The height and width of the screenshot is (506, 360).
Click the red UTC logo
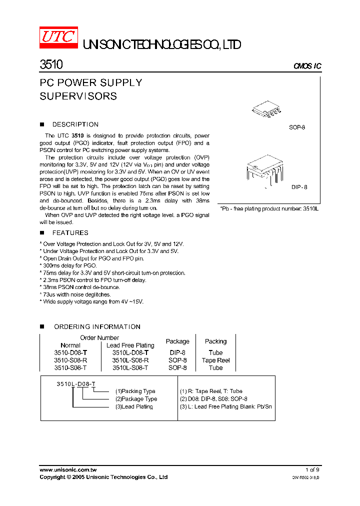pyautogui.click(x=58, y=38)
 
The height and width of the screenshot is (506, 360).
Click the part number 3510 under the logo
pyautogui.click(x=51, y=65)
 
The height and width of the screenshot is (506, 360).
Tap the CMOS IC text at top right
pyautogui.click(x=307, y=66)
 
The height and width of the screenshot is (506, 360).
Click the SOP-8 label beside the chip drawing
pyautogui.click(x=297, y=127)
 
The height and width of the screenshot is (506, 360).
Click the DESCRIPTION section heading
pyautogui.click(x=75, y=124)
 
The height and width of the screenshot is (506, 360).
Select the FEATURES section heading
pyautogui.click(x=70, y=233)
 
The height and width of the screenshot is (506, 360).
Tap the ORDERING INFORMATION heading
pyautogui.click(x=97, y=327)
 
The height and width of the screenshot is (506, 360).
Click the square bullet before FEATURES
pyautogui.click(x=42, y=233)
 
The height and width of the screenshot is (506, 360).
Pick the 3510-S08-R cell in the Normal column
pyautogui.click(x=70, y=360)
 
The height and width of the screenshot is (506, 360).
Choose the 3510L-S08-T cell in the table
pyautogui.click(x=130, y=367)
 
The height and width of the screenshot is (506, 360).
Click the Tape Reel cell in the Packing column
pyautogui.click(x=215, y=360)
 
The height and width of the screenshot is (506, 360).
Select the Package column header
pyautogui.click(x=177, y=341)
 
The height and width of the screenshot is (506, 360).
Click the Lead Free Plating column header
pyautogui.click(x=130, y=345)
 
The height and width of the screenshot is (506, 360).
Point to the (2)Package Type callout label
pyautogui.click(x=136, y=399)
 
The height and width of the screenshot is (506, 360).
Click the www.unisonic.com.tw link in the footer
pyautogui.click(x=68, y=469)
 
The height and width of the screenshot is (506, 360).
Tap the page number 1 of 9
pyautogui.click(x=312, y=469)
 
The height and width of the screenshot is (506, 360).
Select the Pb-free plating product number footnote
pyautogui.click(x=269, y=208)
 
